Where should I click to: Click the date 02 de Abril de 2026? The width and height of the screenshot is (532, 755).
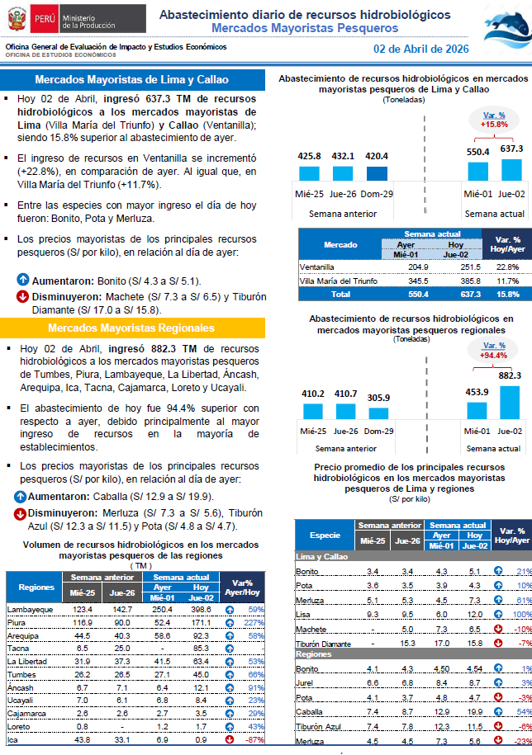(420, 49)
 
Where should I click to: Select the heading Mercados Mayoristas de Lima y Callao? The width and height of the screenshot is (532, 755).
(132, 80)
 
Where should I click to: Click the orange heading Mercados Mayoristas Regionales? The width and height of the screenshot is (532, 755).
(132, 328)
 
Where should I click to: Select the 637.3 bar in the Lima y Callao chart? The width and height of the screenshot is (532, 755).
(511, 169)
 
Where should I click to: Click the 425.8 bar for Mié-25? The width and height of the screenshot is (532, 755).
(310, 173)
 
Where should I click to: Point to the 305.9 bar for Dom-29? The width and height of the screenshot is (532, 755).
(378, 413)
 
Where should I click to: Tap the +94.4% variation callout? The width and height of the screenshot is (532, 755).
(494, 351)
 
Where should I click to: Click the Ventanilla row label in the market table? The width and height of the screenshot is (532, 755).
(317, 267)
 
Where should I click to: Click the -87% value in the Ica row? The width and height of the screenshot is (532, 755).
(253, 740)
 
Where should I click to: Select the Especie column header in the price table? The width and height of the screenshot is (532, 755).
(325, 535)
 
